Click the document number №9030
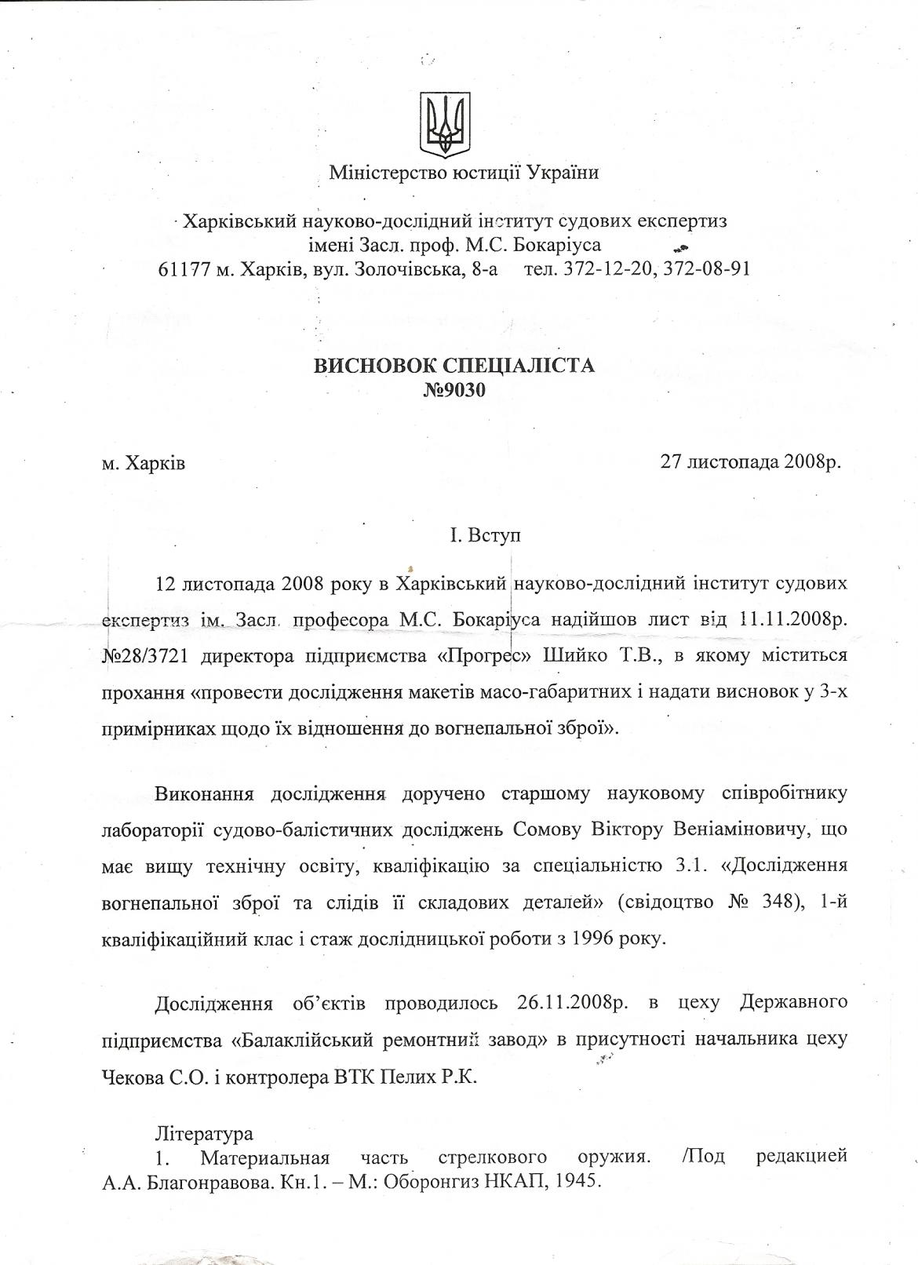coord(454,390)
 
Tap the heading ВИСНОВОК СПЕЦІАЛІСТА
coord(454,366)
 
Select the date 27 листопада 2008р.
coord(751,461)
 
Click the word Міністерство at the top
coord(377,172)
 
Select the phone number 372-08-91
coord(707,268)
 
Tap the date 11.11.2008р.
coord(793,619)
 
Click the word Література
coord(204,1133)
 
